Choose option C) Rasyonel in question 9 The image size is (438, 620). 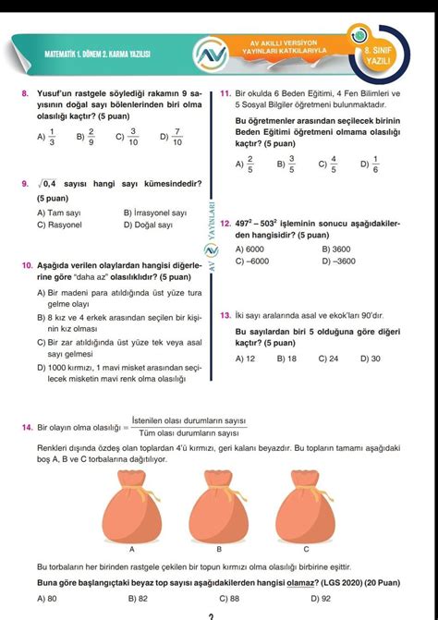pyautogui.click(x=56, y=225)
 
